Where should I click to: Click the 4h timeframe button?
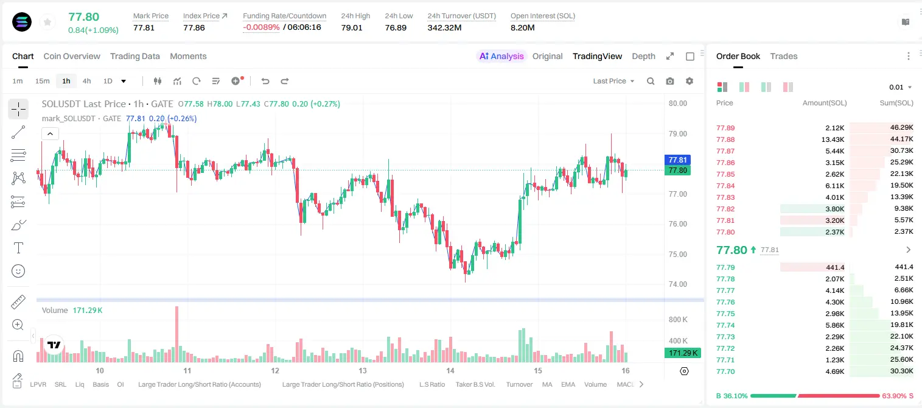tap(86, 81)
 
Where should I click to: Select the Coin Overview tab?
tap(72, 56)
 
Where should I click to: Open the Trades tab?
tap(784, 56)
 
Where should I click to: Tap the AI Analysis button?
tap(501, 56)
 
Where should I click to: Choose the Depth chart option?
tap(643, 56)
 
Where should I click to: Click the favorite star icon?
tap(47, 23)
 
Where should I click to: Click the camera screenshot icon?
tap(670, 81)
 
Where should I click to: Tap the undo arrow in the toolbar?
tap(265, 81)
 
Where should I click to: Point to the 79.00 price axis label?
tap(678, 134)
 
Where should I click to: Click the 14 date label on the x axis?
tap(450, 370)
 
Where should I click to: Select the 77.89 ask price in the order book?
tap(725, 128)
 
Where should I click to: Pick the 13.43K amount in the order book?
tap(833, 139)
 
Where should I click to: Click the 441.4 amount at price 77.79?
tap(835, 267)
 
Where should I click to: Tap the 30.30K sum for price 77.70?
tap(901, 371)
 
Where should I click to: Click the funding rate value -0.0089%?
tap(261, 27)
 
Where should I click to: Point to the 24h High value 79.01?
tap(352, 27)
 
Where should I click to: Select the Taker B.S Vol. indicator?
tap(475, 384)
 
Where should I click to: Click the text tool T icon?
tap(18, 248)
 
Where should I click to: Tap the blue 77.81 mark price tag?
tap(677, 160)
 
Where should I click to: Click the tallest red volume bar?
tap(177, 334)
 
